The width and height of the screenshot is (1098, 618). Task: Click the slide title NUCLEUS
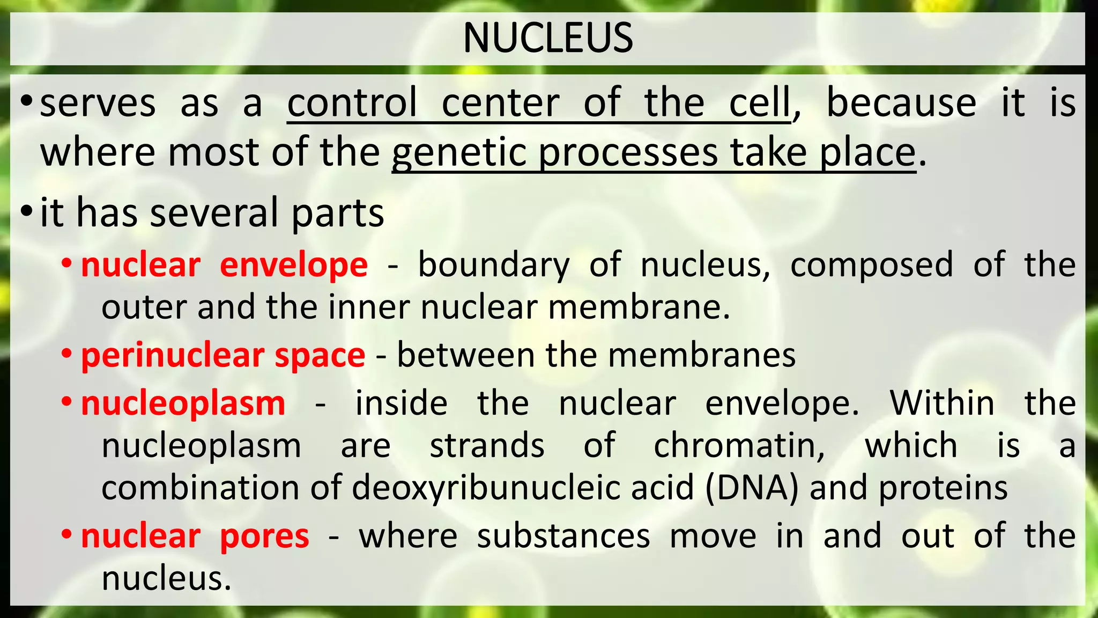(x=548, y=38)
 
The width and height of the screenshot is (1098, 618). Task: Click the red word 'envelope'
(x=294, y=265)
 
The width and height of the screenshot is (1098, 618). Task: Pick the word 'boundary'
(x=493, y=265)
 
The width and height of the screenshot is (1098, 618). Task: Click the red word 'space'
(x=320, y=356)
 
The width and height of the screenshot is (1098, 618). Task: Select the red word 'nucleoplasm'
(x=183, y=403)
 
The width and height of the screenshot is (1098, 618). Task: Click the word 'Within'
(x=942, y=403)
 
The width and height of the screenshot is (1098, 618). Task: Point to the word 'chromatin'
(x=739, y=445)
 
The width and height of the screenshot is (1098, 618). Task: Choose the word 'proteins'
(x=943, y=488)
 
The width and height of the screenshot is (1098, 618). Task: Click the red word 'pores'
(x=264, y=536)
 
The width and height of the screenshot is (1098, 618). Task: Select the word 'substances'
(x=563, y=536)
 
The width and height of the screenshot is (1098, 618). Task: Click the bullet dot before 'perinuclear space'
(x=66, y=354)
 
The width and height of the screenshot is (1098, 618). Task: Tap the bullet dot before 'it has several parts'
(x=27, y=211)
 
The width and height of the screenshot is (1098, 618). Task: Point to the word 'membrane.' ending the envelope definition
(x=639, y=307)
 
